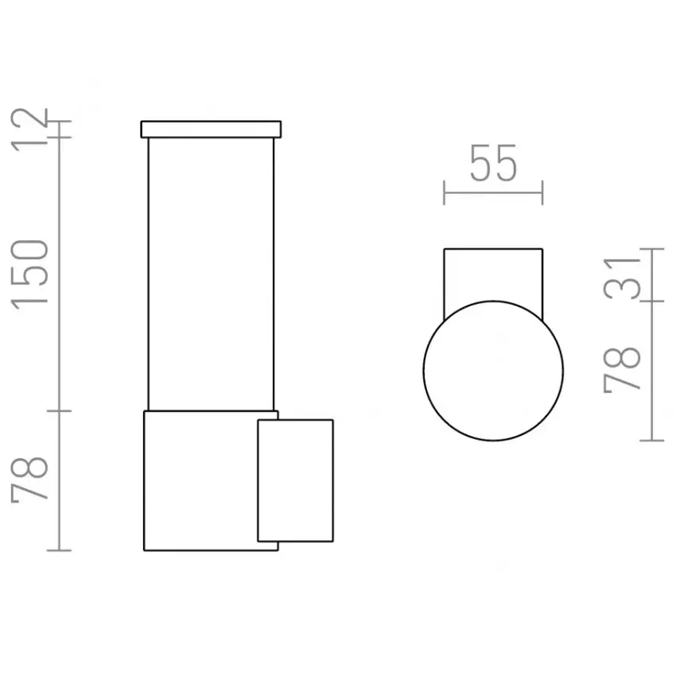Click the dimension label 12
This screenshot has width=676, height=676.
pos(29,130)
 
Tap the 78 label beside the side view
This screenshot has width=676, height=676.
pos(29,480)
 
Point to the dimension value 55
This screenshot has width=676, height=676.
pos(493,163)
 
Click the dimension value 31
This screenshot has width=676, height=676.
pos(622,278)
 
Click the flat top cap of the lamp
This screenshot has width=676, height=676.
pos(211,130)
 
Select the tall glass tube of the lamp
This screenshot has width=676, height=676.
pos(211,274)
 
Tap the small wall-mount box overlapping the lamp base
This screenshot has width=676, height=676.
pos(295,480)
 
